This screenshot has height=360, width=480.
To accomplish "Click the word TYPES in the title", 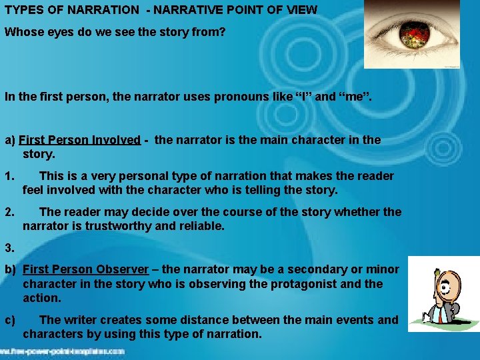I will pos(22,11).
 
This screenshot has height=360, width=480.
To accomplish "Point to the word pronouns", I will pos(239,97).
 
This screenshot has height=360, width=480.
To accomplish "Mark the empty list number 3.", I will pos(9,248).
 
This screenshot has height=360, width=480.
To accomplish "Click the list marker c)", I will pos(10,320).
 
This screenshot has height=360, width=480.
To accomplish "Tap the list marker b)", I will pos(10,269).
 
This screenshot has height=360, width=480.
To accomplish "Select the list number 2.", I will pos(9,212).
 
